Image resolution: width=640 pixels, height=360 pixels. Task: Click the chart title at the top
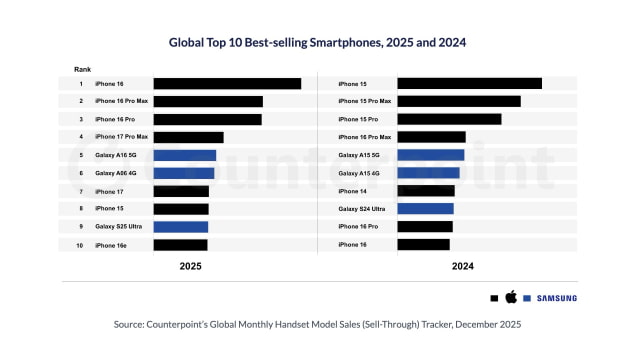click(x=319, y=43)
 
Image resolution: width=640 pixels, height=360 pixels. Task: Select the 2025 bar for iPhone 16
click(x=227, y=84)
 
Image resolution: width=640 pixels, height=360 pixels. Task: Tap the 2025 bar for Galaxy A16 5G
click(x=184, y=155)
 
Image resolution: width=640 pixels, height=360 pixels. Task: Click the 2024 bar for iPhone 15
click(x=469, y=84)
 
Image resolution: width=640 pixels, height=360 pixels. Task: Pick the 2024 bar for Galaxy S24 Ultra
click(x=425, y=209)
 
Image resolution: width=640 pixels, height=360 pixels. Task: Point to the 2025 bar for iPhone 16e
click(x=180, y=244)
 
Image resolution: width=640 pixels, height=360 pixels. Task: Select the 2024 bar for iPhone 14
click(x=426, y=191)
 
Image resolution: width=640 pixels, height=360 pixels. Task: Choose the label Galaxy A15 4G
click(x=358, y=173)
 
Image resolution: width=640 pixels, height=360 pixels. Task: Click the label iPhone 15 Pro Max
click(x=364, y=101)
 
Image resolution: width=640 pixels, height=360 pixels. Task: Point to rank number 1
click(x=80, y=84)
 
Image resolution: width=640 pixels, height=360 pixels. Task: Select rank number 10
click(x=80, y=244)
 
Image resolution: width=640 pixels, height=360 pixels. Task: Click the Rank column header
click(x=82, y=68)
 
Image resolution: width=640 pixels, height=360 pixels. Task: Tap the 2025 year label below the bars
click(x=191, y=267)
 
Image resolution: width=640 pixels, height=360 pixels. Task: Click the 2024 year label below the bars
click(x=462, y=267)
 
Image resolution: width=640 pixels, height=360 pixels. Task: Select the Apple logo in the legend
click(x=510, y=298)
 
